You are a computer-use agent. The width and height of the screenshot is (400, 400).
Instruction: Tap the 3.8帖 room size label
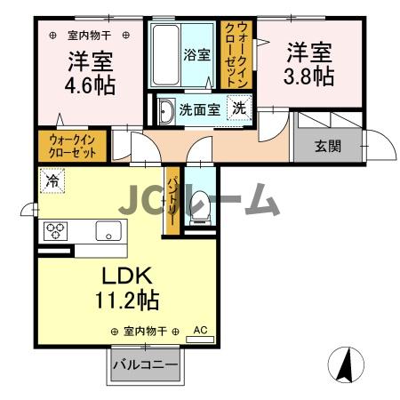point(308,76)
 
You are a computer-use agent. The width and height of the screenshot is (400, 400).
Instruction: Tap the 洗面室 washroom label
point(200,111)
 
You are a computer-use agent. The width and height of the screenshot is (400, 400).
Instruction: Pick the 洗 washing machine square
point(240,108)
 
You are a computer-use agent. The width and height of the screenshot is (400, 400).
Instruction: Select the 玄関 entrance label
point(327,146)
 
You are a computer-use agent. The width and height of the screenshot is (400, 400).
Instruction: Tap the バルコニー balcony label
point(145,364)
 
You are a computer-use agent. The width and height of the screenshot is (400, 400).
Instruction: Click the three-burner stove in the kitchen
point(55,231)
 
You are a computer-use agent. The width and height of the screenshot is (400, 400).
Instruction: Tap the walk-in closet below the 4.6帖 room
point(72,145)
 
